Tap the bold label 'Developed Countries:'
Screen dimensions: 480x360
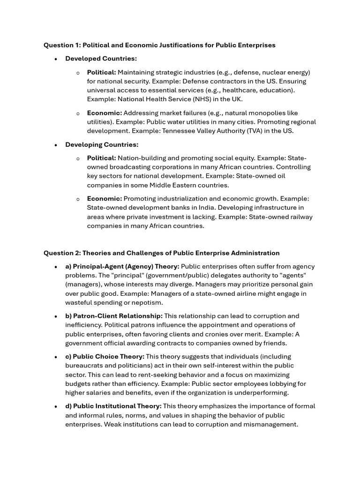coord(101,59)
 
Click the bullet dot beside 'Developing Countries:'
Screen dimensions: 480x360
coord(56,145)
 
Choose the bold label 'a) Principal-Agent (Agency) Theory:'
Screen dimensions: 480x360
coord(122,266)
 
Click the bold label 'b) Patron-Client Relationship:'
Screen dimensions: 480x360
coord(114,316)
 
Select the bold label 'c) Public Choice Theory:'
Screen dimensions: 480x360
coord(105,357)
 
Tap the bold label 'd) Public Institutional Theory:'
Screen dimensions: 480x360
coord(113,406)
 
